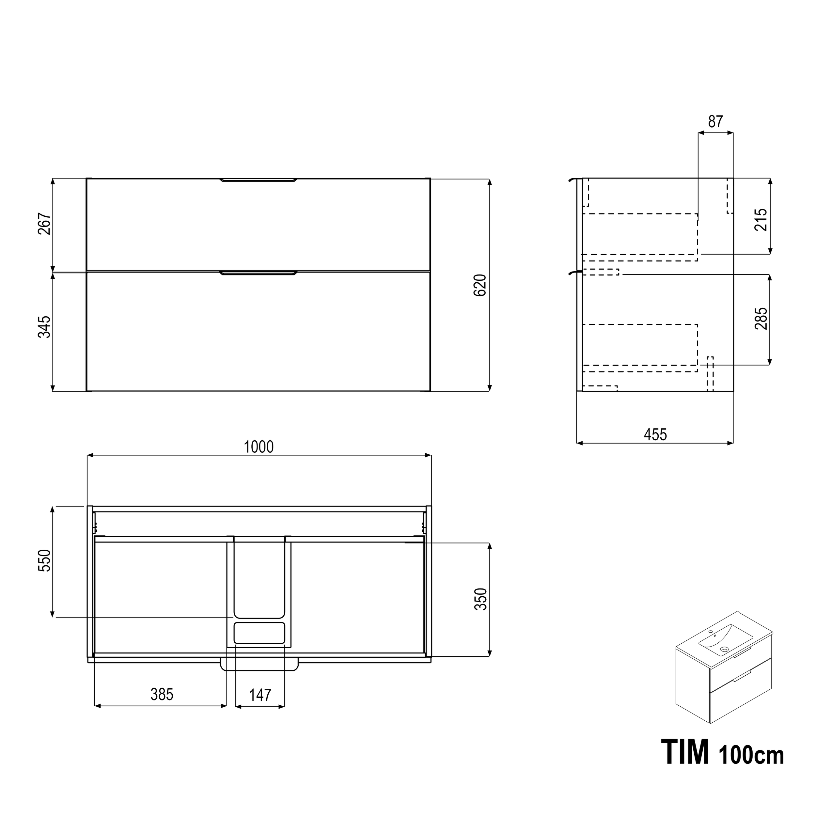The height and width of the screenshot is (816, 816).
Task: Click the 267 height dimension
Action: pyautogui.click(x=44, y=224)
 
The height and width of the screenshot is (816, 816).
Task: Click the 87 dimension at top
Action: pyautogui.click(x=715, y=122)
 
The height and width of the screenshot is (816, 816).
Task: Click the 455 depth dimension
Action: pyautogui.click(x=655, y=434)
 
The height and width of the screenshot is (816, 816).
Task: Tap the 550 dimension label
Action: pyautogui.click(x=44, y=560)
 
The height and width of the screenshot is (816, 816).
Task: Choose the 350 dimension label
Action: pyautogui.click(x=481, y=599)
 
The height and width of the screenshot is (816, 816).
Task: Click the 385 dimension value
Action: pyautogui.click(x=162, y=694)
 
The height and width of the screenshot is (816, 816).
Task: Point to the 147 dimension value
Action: pyautogui.click(x=260, y=695)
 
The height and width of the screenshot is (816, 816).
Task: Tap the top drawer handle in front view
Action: pyautogui.click(x=258, y=181)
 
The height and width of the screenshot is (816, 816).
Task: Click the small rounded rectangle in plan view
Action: pyautogui.click(x=259, y=632)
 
